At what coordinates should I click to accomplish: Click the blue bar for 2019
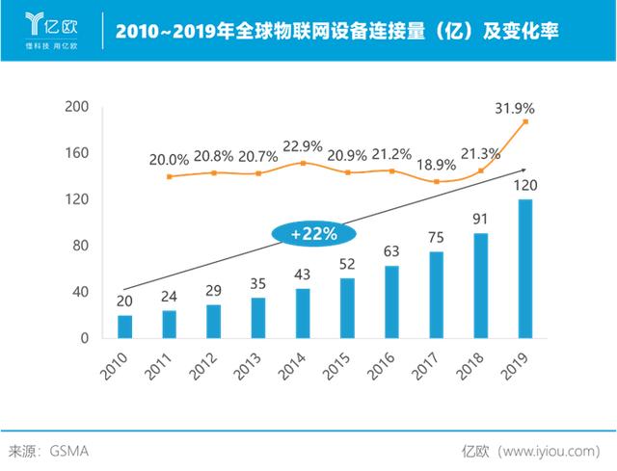click(x=525, y=269)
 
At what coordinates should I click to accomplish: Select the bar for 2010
click(x=125, y=327)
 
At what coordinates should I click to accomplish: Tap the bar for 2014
click(x=303, y=313)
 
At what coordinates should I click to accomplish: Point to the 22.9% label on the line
click(x=302, y=146)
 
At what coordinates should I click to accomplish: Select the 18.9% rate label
click(x=436, y=165)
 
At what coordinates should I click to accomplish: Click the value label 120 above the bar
click(x=525, y=185)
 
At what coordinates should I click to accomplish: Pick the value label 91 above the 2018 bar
click(x=481, y=219)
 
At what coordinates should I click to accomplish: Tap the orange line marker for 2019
click(x=525, y=121)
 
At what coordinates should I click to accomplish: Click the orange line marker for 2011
click(x=170, y=177)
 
